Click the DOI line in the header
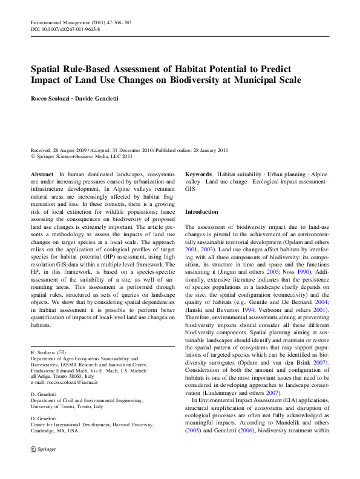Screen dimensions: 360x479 (65, 29)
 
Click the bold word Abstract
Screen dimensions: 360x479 (42, 174)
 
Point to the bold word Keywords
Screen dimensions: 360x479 (198, 174)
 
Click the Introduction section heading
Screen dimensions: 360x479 (201, 212)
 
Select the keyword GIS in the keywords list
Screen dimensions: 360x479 (189, 189)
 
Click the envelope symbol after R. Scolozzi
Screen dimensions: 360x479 (62, 352)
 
